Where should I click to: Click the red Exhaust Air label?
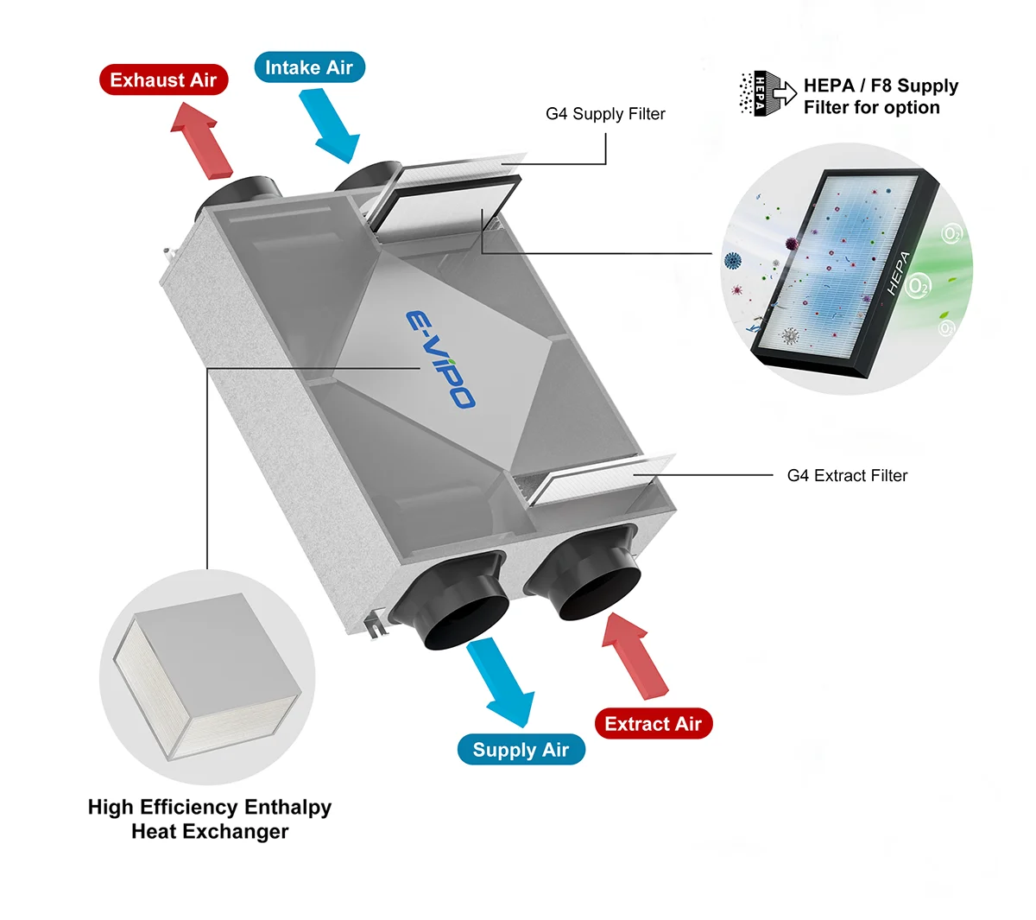click(x=163, y=80)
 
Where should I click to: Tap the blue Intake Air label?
click(x=309, y=67)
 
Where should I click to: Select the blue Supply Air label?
click(x=521, y=750)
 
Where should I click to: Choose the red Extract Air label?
click(x=653, y=724)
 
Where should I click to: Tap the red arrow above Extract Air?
click(x=637, y=653)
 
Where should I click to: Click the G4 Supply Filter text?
click(x=605, y=114)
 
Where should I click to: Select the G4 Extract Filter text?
click(x=847, y=475)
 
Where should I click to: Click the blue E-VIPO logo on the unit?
click(x=439, y=358)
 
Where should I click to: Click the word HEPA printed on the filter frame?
click(x=899, y=273)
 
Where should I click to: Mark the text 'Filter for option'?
click(x=871, y=108)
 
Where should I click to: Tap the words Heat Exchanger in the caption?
click(x=210, y=832)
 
